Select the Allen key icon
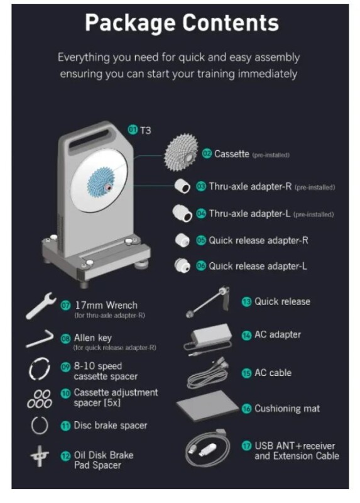coord(40,338)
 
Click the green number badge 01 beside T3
coord(133,130)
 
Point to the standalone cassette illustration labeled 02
coord(181,153)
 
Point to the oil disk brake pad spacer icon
coord(40,456)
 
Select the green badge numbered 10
coord(65,394)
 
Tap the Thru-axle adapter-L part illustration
coord(182,213)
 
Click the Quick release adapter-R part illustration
coord(182,240)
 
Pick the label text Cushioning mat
coord(287,408)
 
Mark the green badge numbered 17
coord(246,446)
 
